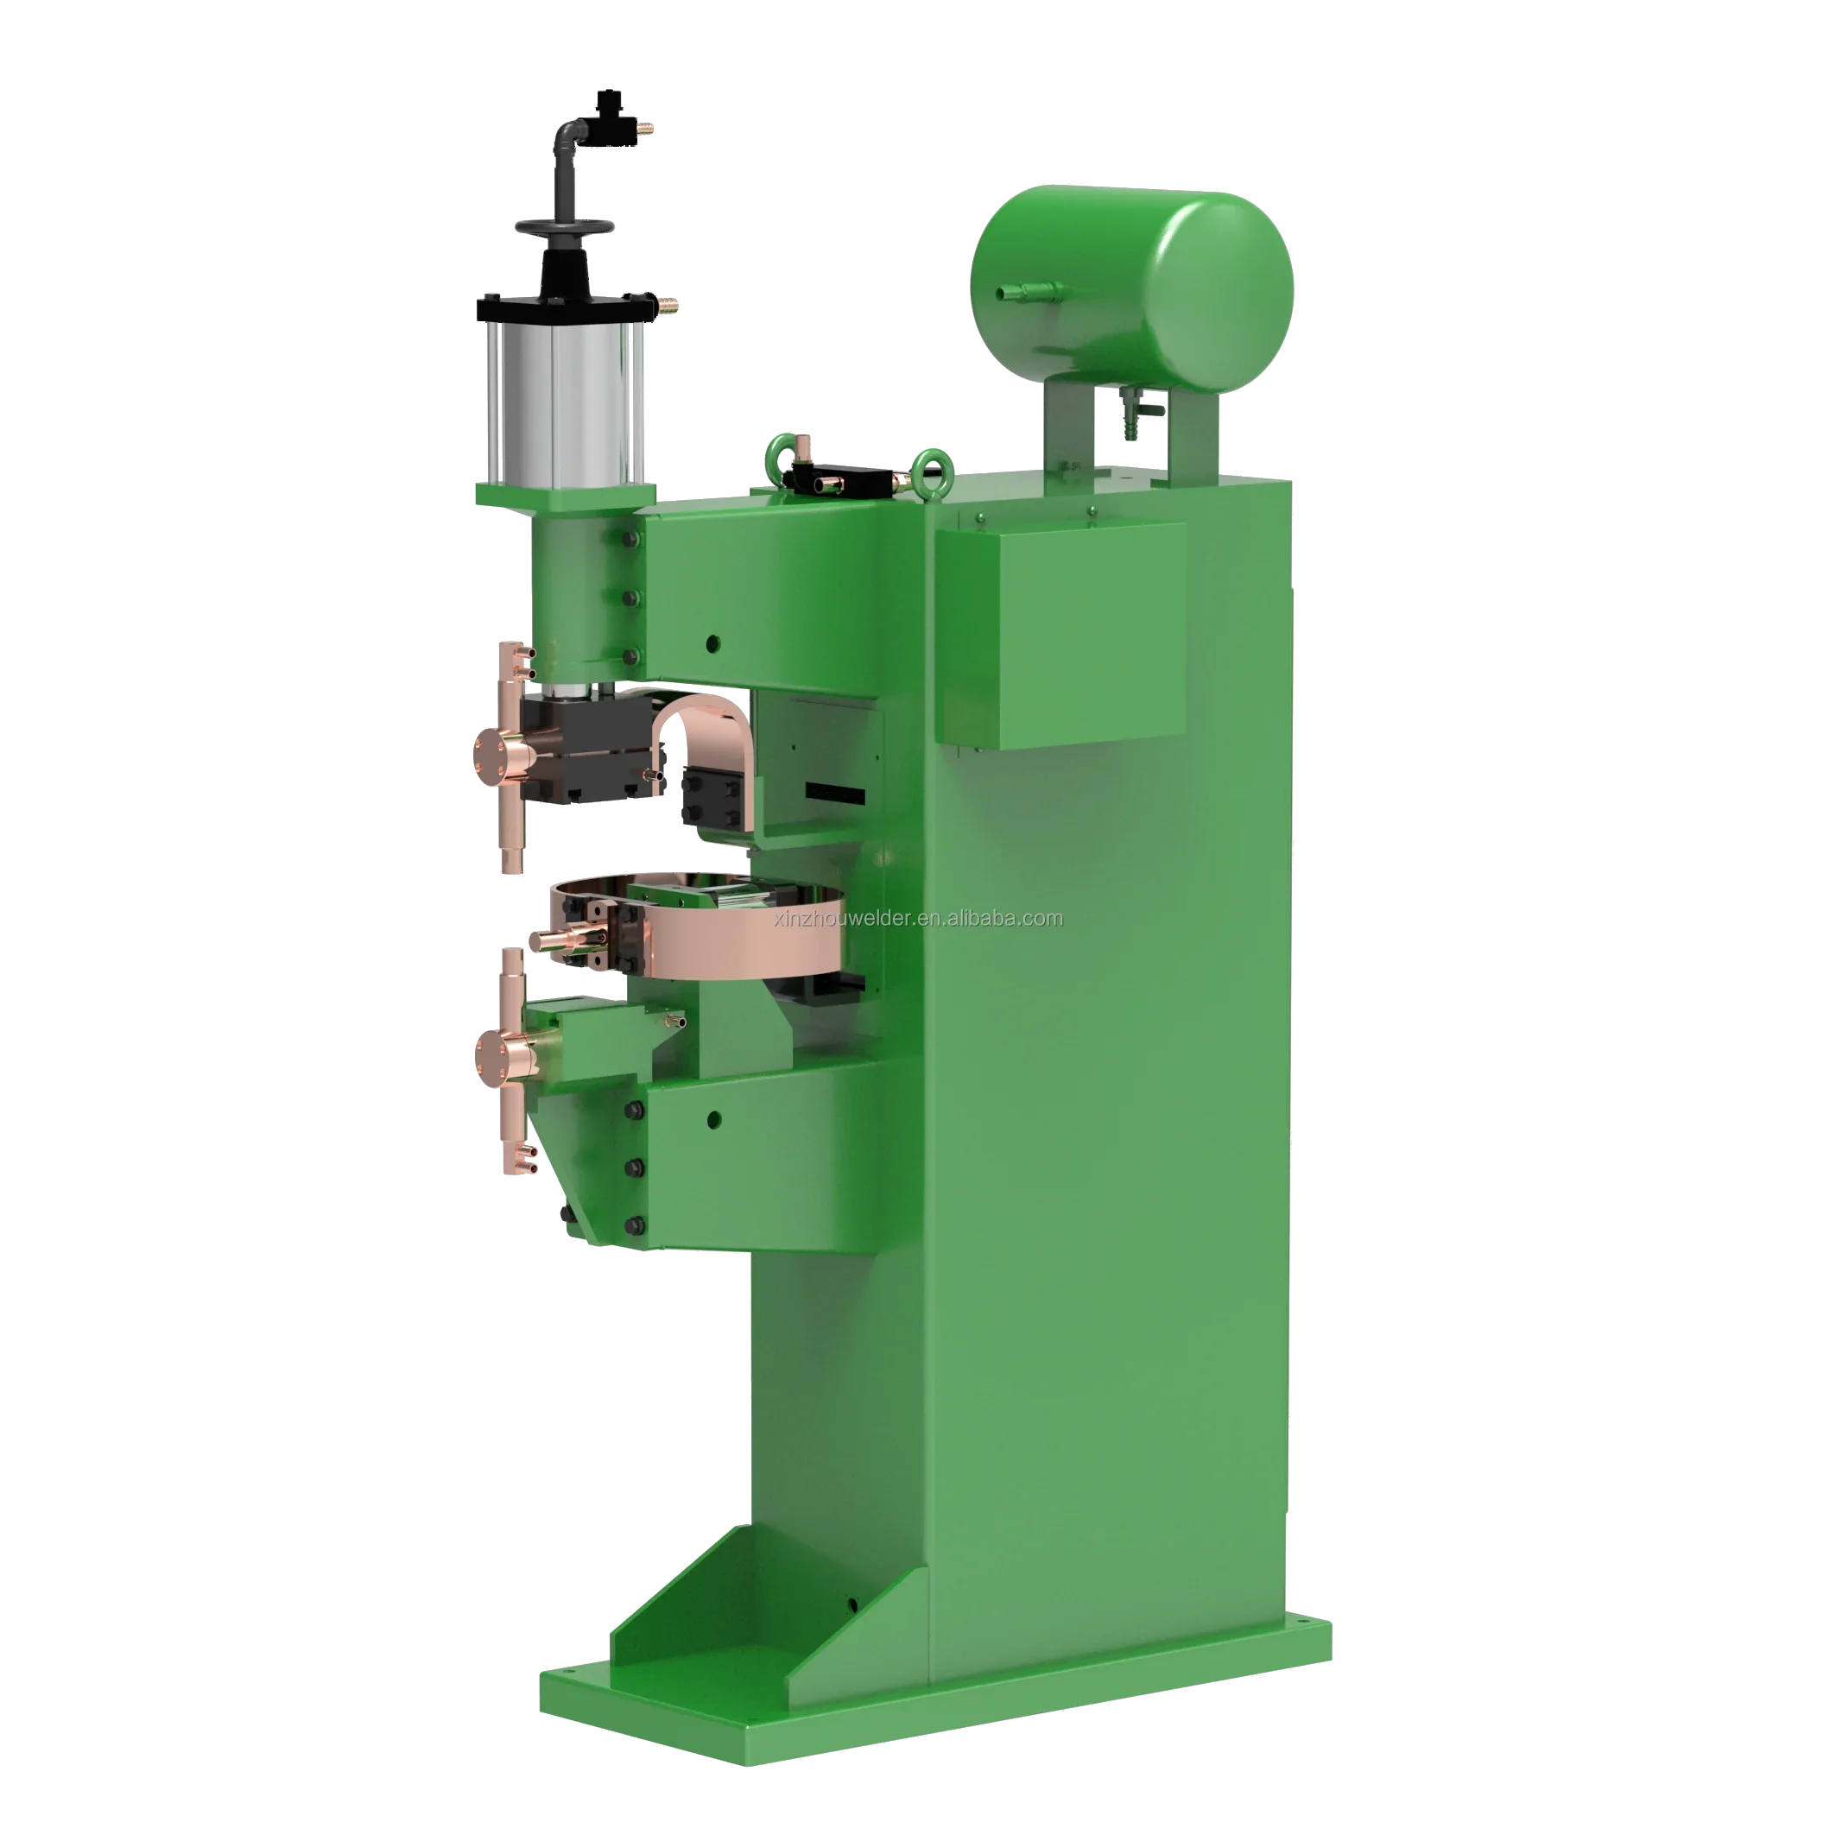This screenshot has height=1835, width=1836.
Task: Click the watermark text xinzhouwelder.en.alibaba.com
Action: pos(918,917)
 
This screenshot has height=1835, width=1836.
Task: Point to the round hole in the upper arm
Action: pos(712,642)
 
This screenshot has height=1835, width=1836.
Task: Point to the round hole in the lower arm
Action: pos(713,1118)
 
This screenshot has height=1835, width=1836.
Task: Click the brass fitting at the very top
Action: pos(645,125)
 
